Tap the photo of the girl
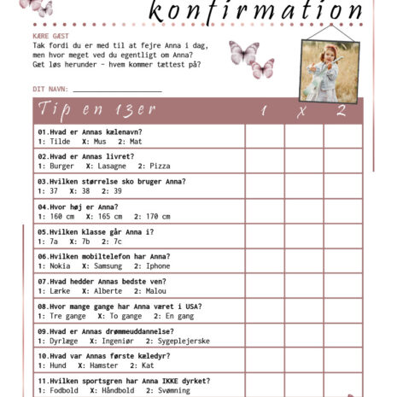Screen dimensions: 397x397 click(x=330, y=72)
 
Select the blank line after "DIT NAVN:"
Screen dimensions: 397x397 click(x=117, y=90)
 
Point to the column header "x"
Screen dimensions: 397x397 click(x=301, y=111)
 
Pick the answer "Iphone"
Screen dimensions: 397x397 click(x=158, y=265)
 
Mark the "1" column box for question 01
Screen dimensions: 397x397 click(x=265, y=137)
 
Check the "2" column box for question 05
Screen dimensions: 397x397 click(x=341, y=236)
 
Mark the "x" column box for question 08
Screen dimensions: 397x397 click(x=301, y=310)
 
